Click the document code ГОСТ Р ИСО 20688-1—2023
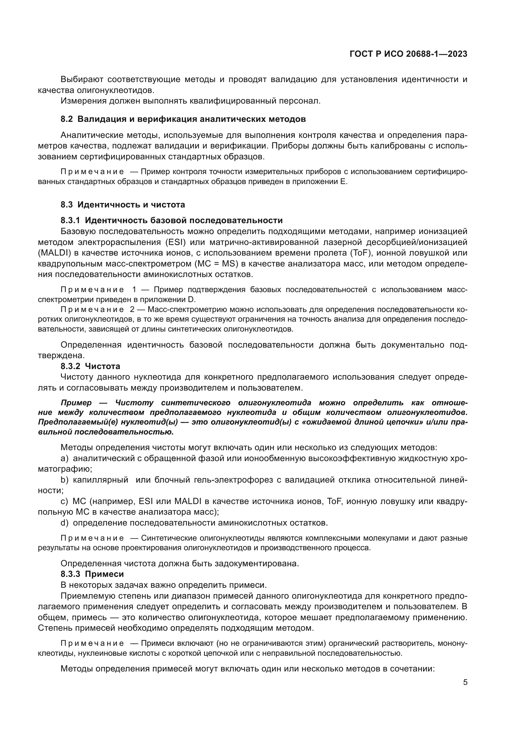pyautogui.click(x=408, y=54)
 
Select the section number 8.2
pyautogui.click(x=67, y=119)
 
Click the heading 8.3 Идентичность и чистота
pyautogui.click(x=123, y=205)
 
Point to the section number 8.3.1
pyautogui.click(x=70, y=220)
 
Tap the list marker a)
pyautogui.click(x=65, y=459)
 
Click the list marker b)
pyautogui.click(x=65, y=480)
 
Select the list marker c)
pyautogui.click(x=65, y=501)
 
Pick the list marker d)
pyautogui.click(x=65, y=523)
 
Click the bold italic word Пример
pyautogui.click(x=76, y=403)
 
